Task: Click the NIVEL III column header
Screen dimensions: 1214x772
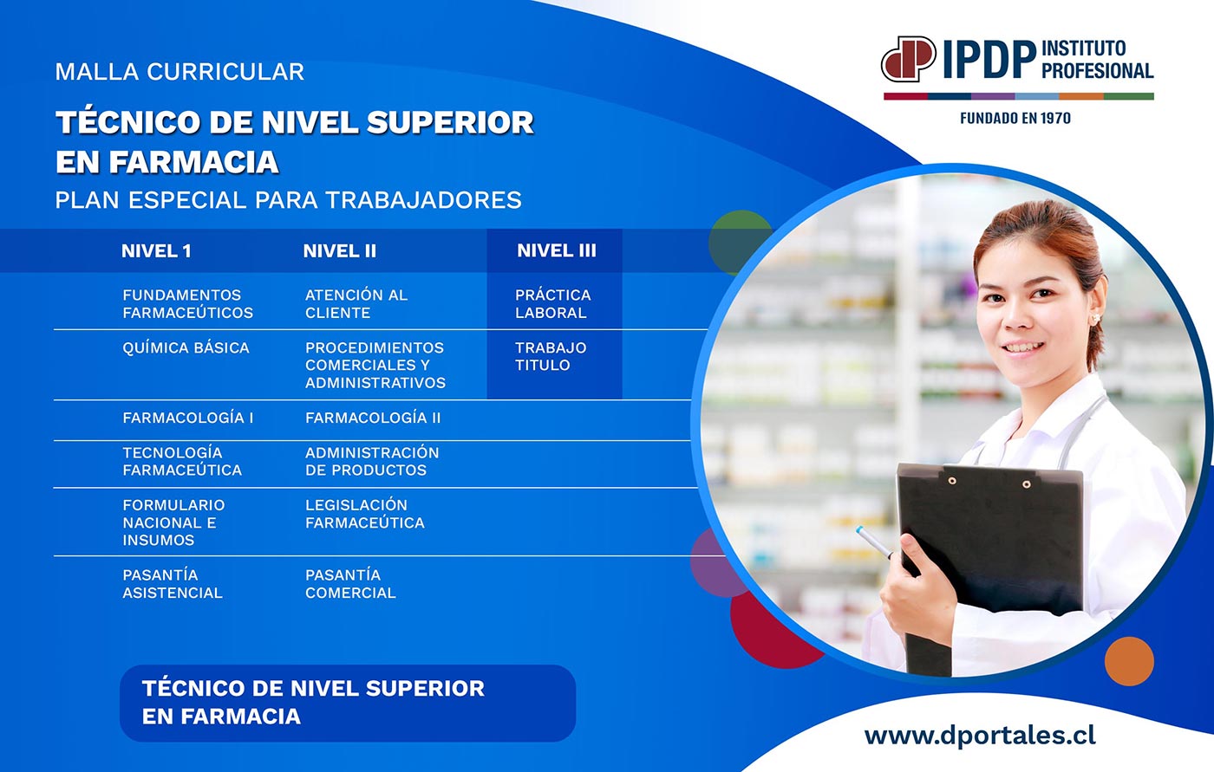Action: (556, 250)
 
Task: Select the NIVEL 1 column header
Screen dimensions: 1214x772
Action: (156, 251)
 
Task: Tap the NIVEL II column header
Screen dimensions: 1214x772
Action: (339, 251)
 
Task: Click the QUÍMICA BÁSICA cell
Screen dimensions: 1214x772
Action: (186, 347)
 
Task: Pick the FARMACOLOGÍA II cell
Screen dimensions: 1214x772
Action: (373, 418)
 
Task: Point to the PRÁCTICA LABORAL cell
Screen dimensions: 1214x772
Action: (553, 304)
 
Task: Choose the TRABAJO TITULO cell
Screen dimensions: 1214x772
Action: (551, 356)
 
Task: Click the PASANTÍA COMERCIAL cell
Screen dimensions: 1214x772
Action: (350, 584)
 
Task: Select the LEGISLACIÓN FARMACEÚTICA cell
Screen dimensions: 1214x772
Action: (365, 514)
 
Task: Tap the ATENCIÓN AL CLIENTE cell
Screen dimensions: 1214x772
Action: (356, 304)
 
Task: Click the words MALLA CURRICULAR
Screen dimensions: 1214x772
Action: (179, 72)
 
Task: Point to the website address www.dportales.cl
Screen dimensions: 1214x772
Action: (980, 736)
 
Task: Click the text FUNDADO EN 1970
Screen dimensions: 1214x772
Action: (1015, 118)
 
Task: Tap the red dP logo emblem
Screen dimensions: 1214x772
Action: (909, 58)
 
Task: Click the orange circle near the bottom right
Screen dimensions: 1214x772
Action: (1129, 661)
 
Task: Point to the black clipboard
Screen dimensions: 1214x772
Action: (989, 552)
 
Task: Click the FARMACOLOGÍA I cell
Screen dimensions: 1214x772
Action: (187, 418)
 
